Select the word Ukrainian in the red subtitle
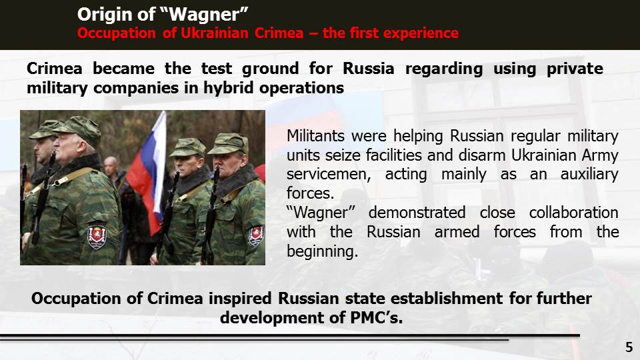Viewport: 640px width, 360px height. (215, 33)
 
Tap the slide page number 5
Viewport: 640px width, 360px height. (629, 347)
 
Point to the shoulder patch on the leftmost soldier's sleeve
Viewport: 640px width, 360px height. (97, 237)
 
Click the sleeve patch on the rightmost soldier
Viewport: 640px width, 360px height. (256, 236)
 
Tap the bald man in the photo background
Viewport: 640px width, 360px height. (111, 167)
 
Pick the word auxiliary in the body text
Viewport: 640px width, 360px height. (589, 174)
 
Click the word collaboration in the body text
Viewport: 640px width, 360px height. (573, 213)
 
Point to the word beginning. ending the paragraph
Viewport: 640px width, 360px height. (322, 252)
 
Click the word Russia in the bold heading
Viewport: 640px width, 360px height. (368, 69)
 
